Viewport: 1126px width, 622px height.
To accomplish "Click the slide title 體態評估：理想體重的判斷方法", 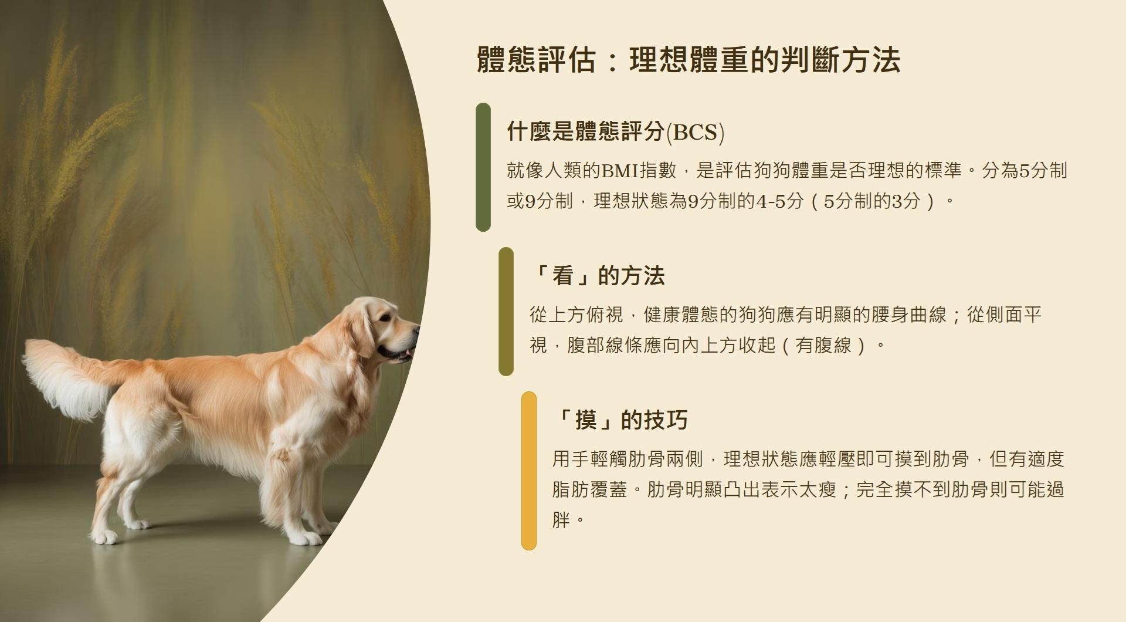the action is [x=688, y=60].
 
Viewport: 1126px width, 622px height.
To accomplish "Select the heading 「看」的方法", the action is [x=596, y=276].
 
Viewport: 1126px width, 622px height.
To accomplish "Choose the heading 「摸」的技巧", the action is [x=619, y=420].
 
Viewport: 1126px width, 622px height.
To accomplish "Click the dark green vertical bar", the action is [x=483, y=167].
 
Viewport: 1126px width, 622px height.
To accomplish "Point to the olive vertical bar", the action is [x=506, y=312].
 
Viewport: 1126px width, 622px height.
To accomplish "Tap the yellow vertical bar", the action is [x=529, y=471].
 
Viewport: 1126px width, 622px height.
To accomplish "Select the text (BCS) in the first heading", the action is [x=696, y=132].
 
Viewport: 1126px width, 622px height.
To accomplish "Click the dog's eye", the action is [x=385, y=317].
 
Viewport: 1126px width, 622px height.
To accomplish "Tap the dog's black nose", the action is [x=417, y=329].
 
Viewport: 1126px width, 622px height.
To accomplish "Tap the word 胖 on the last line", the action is [x=561, y=519].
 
